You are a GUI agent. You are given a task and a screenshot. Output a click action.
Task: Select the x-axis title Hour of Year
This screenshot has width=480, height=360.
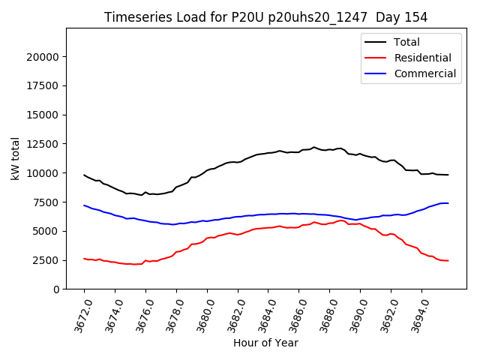[x=265, y=343]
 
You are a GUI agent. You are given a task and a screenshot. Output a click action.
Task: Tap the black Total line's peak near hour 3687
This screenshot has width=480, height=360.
[x=314, y=147]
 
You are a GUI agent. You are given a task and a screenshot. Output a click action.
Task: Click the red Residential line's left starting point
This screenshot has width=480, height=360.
[x=84, y=259]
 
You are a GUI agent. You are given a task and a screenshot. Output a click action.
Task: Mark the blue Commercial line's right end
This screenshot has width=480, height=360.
[x=448, y=203]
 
